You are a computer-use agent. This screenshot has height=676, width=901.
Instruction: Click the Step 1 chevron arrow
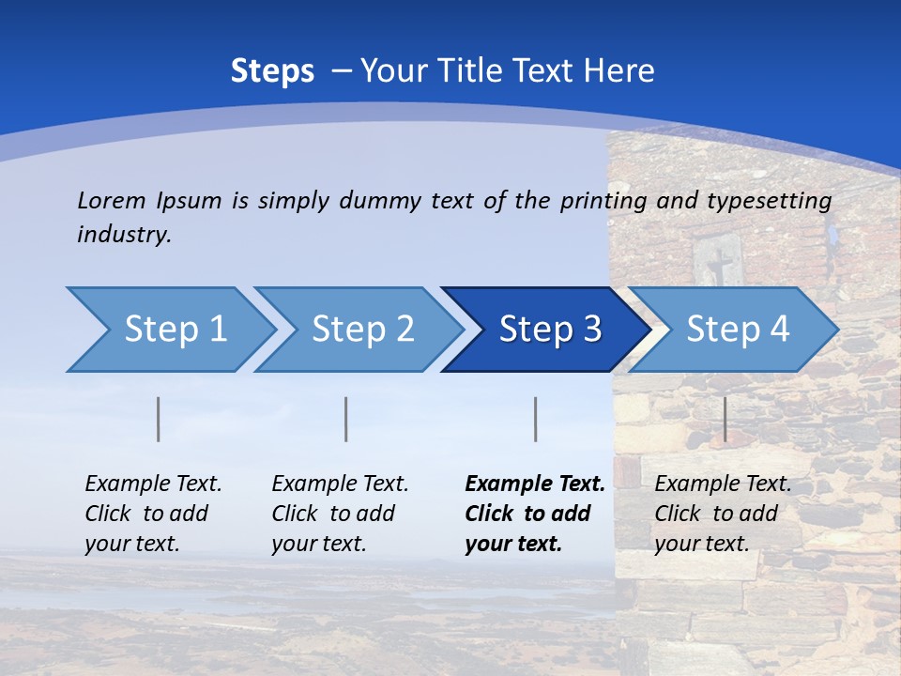click(x=175, y=330)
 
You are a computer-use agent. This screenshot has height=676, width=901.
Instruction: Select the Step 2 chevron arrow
click(x=362, y=330)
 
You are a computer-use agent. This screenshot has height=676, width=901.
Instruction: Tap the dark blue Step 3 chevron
click(x=550, y=330)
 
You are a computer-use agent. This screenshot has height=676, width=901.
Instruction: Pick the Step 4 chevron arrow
click(x=738, y=330)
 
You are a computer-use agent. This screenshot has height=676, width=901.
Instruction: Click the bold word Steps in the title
click(x=272, y=71)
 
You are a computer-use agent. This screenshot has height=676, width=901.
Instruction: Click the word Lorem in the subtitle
click(x=111, y=200)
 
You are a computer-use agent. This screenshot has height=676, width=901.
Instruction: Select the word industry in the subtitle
click(x=124, y=235)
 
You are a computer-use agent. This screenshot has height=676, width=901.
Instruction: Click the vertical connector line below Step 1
click(x=159, y=419)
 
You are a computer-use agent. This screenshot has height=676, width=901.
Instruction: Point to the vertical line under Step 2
click(x=346, y=419)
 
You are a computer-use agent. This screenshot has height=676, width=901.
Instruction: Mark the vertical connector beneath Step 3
click(x=535, y=419)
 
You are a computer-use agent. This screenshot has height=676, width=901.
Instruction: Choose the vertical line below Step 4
click(x=725, y=419)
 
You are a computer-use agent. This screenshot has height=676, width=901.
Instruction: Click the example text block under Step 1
click(x=153, y=514)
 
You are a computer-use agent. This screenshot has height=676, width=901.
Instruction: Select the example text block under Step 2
click(x=340, y=514)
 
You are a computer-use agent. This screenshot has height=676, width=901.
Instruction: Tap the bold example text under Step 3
click(x=535, y=514)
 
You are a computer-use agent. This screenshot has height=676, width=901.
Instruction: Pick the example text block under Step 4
click(x=723, y=514)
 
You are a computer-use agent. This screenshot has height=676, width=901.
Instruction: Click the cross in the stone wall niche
click(x=718, y=266)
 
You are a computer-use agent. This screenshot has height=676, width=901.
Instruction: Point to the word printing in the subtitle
click(x=605, y=201)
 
